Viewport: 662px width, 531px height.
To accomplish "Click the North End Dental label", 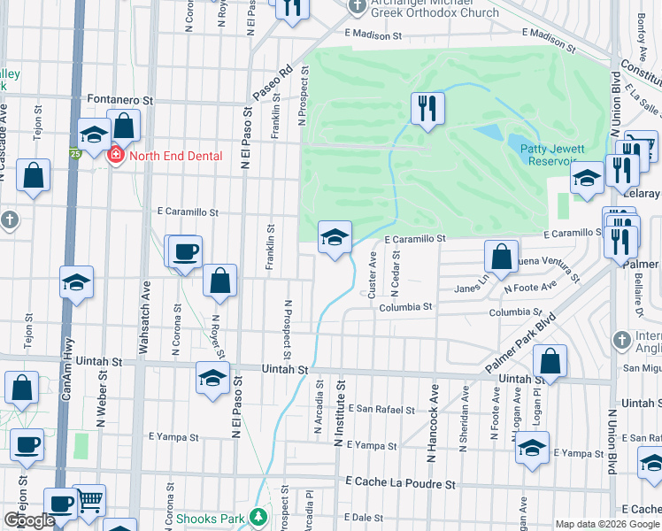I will pyautogui.click(x=175, y=156).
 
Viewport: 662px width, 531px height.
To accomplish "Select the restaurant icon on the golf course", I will pyautogui.click(x=428, y=109).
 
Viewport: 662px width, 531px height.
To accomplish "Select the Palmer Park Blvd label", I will pyautogui.click(x=514, y=342).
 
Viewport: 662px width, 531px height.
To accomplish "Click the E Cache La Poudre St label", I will pyautogui.click(x=401, y=485).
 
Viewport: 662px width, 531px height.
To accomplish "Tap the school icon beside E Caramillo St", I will pyautogui.click(x=335, y=237).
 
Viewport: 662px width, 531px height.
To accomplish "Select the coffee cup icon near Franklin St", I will pyautogui.click(x=185, y=251).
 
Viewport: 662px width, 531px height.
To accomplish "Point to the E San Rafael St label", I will pyautogui.click(x=381, y=410).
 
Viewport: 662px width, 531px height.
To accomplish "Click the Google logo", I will pyautogui.click(x=29, y=520).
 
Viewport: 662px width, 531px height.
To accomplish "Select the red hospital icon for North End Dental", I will pyautogui.click(x=115, y=156).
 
